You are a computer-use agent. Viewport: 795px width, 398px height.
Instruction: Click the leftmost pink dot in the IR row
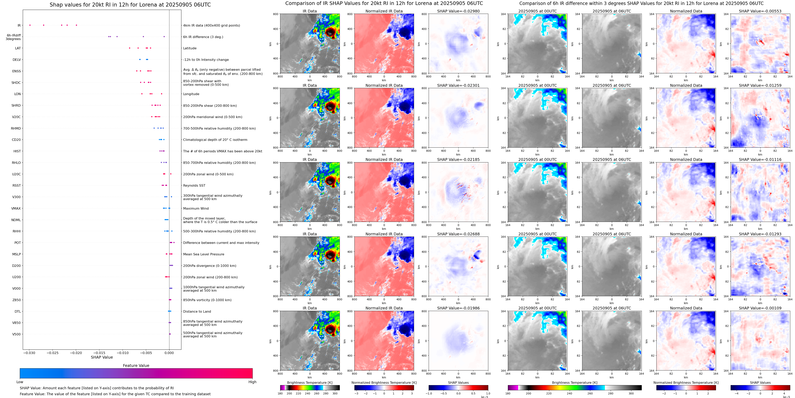coord(30,25)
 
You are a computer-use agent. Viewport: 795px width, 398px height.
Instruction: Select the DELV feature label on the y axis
coord(17,60)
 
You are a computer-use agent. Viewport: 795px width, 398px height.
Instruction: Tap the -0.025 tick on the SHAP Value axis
coord(53,353)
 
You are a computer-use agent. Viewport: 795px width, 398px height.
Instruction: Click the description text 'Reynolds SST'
coord(194,186)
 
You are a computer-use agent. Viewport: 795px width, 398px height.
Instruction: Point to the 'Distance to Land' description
coord(197,312)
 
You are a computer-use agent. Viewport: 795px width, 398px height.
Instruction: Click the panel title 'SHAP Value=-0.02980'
coord(458,11)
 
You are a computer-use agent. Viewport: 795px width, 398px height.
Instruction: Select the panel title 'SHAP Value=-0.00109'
coord(760,308)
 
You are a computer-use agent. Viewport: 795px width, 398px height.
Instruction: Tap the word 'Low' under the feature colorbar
coord(20,382)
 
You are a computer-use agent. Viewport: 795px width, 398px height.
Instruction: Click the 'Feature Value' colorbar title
coord(136,366)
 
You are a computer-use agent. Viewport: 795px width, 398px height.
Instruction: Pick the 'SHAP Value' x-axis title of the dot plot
coord(102,357)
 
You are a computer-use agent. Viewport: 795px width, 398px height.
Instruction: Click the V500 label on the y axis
coord(16,334)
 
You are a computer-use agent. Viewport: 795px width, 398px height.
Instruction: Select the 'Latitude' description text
coord(190,48)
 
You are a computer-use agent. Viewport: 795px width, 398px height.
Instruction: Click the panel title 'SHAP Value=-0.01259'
coord(760,86)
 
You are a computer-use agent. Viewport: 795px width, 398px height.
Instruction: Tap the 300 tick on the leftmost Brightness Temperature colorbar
coord(335,393)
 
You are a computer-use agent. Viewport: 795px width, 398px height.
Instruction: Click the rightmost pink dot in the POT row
coord(174,242)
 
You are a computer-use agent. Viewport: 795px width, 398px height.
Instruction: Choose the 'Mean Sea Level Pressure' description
coord(204,254)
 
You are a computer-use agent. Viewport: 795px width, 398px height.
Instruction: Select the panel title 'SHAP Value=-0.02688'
coord(458,234)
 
